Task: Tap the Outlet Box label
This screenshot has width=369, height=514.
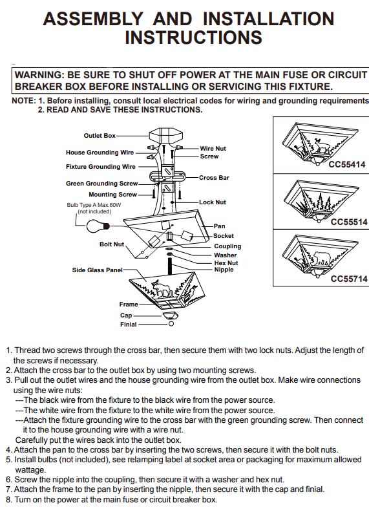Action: [100, 136]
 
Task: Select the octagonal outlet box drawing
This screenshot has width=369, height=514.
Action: [165, 134]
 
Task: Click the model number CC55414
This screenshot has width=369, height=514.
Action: [347, 165]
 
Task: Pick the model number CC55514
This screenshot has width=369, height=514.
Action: [349, 222]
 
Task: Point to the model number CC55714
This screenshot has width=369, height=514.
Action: [349, 279]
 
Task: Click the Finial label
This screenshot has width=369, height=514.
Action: [128, 324]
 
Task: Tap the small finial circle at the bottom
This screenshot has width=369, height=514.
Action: [171, 324]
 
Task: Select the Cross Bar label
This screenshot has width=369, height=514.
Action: [214, 178]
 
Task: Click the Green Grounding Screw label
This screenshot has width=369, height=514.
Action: [101, 184]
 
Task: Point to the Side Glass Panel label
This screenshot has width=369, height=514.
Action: [97, 270]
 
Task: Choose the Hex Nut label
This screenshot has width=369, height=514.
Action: [226, 263]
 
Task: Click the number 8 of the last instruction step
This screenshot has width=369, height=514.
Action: [8, 500]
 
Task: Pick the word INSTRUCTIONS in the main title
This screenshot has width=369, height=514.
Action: [193, 37]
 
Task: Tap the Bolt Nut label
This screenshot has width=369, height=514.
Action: [112, 244]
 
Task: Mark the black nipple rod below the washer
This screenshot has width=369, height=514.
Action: [170, 266]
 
